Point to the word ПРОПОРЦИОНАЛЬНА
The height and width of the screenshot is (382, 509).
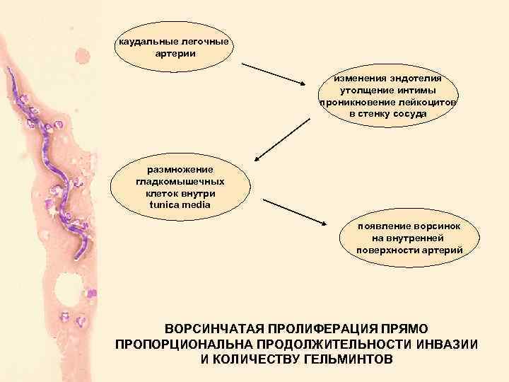tap(182, 345)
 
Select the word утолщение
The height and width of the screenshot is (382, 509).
tap(366, 91)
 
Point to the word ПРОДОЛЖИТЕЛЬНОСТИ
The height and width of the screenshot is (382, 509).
tap(329, 345)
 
